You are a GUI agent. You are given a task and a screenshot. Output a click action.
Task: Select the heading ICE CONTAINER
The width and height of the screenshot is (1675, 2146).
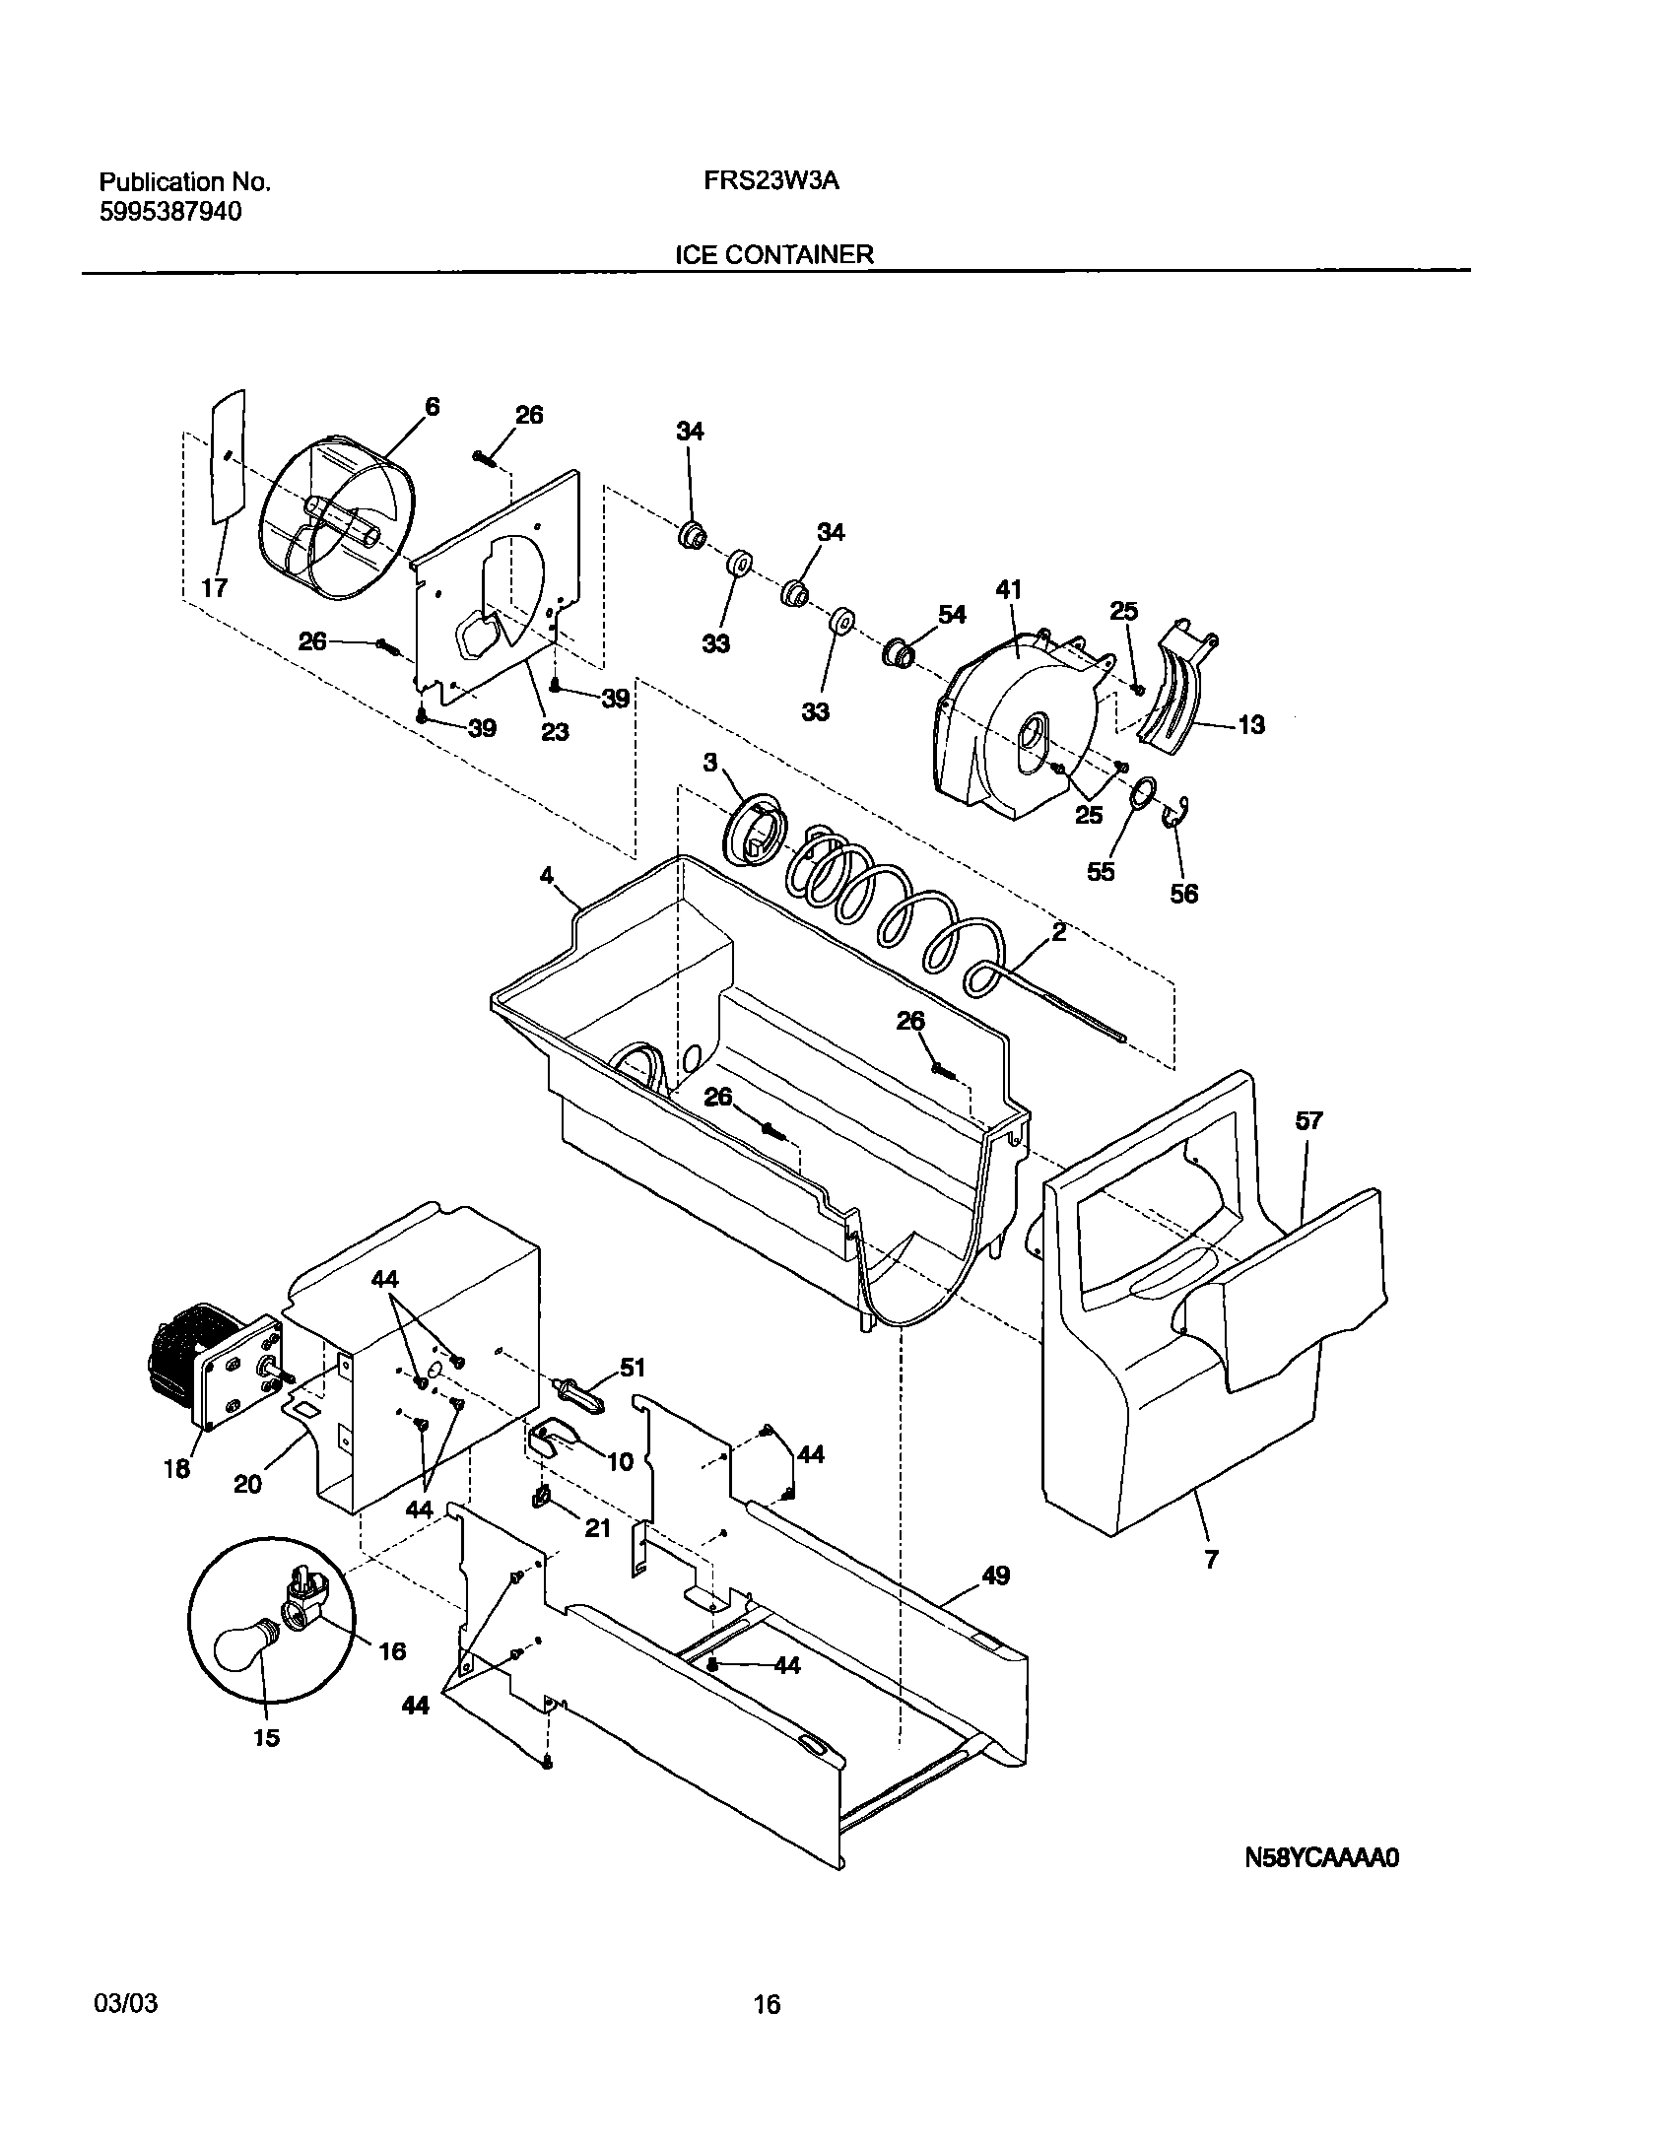pos(773,254)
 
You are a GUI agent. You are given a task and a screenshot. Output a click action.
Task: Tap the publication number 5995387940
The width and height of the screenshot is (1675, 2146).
pos(170,212)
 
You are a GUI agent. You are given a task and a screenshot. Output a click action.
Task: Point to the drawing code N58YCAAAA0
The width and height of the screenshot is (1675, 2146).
pos(1321,1858)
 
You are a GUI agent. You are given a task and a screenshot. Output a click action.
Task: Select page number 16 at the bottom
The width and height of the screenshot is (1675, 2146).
pos(767,2004)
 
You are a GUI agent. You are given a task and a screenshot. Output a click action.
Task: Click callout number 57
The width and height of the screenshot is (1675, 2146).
pos(1309,1120)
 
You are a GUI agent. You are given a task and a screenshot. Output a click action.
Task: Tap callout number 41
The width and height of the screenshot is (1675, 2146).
pos(1009,590)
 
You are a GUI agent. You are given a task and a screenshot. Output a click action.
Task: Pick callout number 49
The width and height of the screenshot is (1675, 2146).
pos(995,1576)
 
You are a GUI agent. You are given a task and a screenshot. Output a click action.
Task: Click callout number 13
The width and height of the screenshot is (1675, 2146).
pos(1251,725)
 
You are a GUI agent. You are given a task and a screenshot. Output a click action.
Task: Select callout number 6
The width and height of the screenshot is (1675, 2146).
pos(432,407)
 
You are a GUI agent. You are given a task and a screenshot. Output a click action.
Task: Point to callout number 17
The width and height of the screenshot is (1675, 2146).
pos(215,588)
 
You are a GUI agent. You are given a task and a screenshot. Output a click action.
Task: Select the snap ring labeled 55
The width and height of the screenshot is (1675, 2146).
pos(1142,792)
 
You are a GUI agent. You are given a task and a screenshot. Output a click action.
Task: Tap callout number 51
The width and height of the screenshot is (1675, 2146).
pos(632,1368)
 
